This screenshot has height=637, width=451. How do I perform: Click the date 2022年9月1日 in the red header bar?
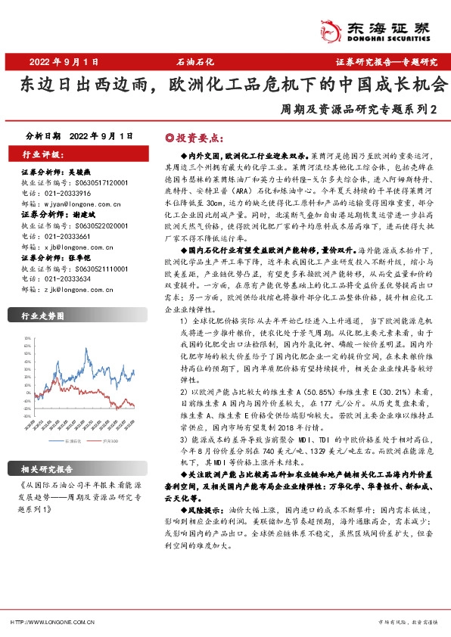tap(64, 61)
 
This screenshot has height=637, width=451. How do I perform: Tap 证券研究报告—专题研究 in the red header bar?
tap(387, 61)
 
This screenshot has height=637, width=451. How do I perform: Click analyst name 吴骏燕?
tap(86, 172)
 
